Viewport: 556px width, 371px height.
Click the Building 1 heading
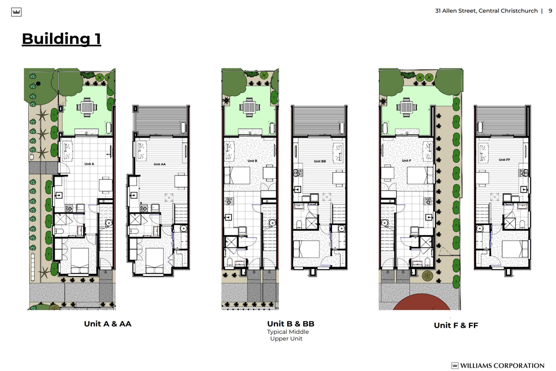(x=61, y=39)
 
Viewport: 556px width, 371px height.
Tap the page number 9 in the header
(x=550, y=11)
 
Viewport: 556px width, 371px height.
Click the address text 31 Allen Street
(x=455, y=11)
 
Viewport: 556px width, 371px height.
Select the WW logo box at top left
(x=16, y=12)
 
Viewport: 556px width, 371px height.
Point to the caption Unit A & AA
(x=107, y=324)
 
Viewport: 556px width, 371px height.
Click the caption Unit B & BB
(x=291, y=324)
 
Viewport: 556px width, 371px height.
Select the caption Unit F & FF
(x=456, y=325)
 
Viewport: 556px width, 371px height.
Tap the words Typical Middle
(x=288, y=332)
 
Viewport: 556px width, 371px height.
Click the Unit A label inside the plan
(x=89, y=164)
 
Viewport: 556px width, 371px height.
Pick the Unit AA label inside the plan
(x=159, y=164)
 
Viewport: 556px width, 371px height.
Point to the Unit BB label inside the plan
(x=320, y=161)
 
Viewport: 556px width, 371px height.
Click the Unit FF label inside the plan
(x=505, y=160)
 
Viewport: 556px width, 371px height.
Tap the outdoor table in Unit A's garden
(x=87, y=107)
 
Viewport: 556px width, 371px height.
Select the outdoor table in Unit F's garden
(x=407, y=107)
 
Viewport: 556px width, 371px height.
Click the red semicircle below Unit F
(x=421, y=302)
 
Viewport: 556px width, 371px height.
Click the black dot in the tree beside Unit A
(x=38, y=84)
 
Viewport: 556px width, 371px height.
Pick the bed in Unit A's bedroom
(x=80, y=261)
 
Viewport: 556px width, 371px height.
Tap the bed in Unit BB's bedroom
(x=306, y=249)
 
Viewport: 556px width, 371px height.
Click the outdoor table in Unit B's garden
(x=250, y=107)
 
